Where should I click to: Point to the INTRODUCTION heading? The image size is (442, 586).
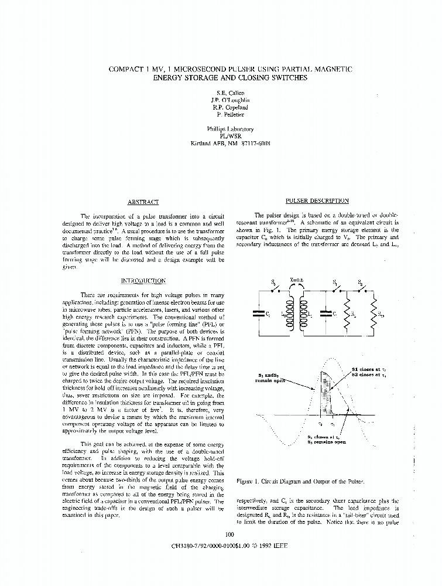[x=143, y=281]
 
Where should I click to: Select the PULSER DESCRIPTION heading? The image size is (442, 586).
[x=317, y=200]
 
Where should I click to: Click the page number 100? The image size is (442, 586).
[x=229, y=534]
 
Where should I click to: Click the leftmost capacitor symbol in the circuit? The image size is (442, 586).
[x=258, y=314]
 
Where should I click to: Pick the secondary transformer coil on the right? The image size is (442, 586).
[x=303, y=314]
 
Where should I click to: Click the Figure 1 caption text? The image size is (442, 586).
[x=299, y=481]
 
